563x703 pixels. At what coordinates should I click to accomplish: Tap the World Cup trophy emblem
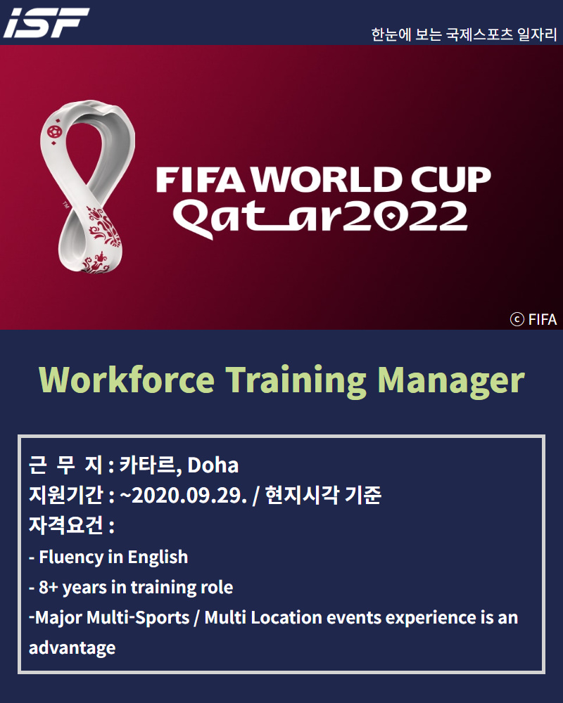[87, 186]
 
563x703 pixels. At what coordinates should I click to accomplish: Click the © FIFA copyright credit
[533, 319]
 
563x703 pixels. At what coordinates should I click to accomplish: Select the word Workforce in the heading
[127, 380]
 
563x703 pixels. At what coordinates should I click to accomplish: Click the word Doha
[213, 465]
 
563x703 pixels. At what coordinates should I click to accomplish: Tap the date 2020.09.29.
[189, 496]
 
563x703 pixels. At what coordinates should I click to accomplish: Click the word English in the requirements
[158, 557]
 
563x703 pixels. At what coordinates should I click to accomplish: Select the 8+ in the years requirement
[49, 587]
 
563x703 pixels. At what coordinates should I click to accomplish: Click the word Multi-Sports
[138, 617]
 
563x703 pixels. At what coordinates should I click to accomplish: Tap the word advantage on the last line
[72, 648]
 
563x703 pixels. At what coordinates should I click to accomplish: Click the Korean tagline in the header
[464, 34]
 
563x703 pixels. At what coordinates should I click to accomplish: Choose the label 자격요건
[66, 525]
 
